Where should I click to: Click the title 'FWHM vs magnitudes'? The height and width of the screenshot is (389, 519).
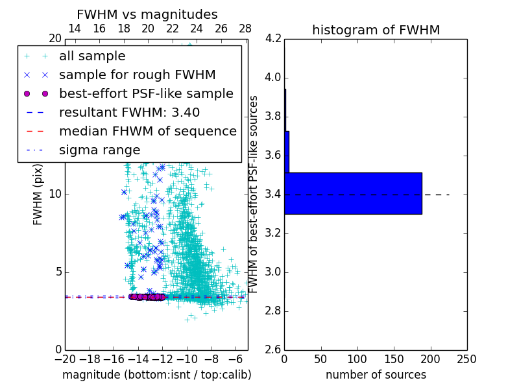[x=147, y=14]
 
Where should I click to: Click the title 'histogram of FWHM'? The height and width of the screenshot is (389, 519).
[x=376, y=30]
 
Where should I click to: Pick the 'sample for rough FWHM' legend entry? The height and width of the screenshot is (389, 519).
[x=137, y=75]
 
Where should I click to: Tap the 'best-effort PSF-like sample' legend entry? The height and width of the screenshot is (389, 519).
[x=146, y=93]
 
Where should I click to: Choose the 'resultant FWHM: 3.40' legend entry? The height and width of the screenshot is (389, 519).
[x=129, y=112]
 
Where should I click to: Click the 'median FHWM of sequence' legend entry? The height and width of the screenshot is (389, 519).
[x=147, y=131]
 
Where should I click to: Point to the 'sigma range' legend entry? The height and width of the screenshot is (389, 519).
[x=99, y=150]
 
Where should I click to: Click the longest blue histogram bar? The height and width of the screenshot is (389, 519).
[x=353, y=193]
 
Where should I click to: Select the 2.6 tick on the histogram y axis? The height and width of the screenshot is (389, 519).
[x=273, y=349]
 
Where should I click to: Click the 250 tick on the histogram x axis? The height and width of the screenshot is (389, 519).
[x=466, y=359]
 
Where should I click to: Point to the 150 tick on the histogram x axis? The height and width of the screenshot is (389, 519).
[x=394, y=359]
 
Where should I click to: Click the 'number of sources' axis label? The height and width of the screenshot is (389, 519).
[x=376, y=375]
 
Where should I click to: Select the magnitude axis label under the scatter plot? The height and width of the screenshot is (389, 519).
[x=156, y=375]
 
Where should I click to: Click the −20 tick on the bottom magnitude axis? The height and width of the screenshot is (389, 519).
[x=65, y=359]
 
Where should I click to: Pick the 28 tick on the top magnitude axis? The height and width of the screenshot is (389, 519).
[x=245, y=29]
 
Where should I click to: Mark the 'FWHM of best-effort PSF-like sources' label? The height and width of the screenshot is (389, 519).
[x=254, y=194]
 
